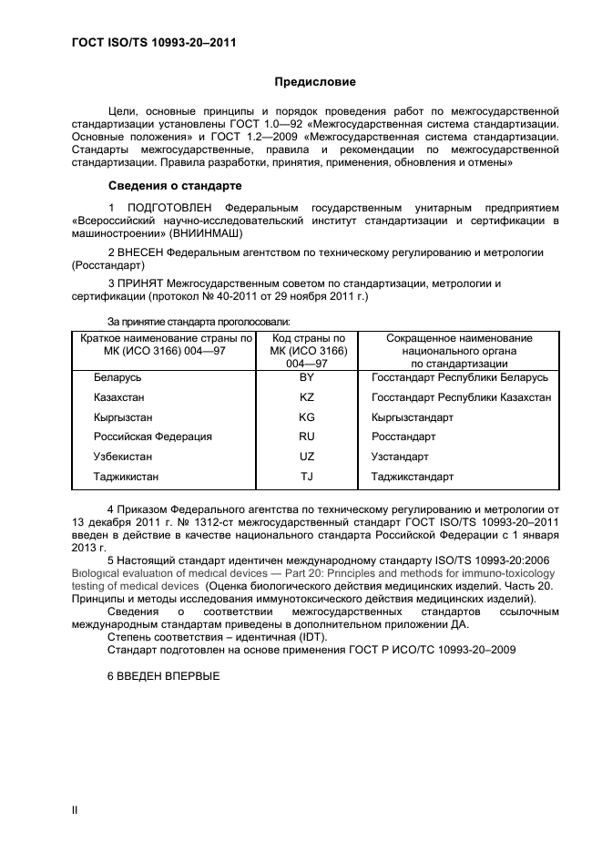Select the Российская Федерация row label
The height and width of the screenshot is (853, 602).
click(152, 437)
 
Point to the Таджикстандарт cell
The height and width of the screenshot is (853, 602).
click(413, 477)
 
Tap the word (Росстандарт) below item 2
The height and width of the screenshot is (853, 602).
click(107, 265)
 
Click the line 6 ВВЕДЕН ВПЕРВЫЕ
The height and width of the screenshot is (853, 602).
click(163, 676)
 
